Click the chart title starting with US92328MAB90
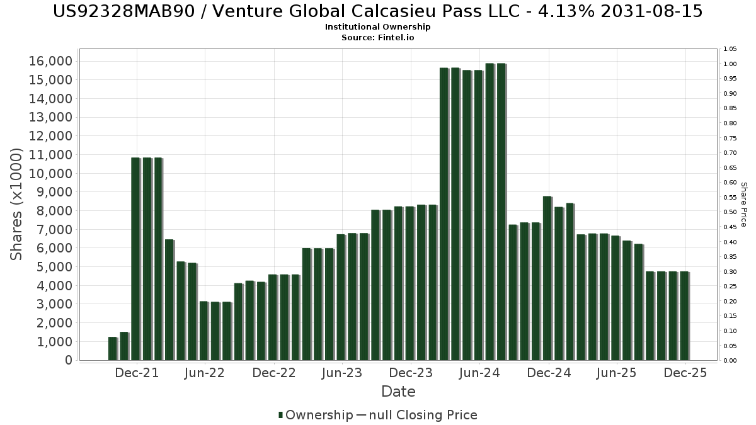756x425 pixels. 377,11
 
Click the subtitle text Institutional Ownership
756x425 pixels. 377,27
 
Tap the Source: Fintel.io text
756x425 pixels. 377,37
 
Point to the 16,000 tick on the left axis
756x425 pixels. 50,61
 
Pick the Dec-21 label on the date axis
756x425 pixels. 137,373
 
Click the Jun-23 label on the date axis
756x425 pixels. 341,373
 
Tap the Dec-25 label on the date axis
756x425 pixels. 685,373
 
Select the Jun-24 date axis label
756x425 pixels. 479,373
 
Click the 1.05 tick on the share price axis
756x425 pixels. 730,49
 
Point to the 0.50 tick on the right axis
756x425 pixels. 730,212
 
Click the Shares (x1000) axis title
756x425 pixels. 17,204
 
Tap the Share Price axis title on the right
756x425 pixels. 744,204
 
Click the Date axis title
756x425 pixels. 398,392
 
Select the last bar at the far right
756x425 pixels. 684,315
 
